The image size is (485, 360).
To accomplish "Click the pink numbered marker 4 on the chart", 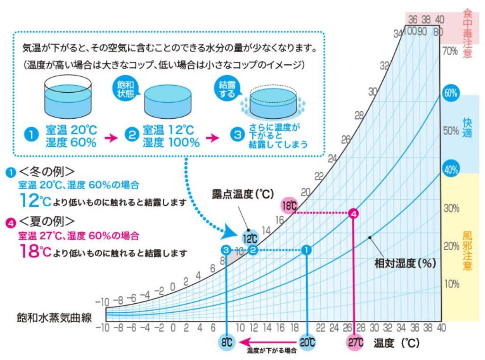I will [353, 213].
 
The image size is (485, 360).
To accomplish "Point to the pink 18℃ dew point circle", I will [289, 205].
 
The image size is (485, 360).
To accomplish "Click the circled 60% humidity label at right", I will [450, 93].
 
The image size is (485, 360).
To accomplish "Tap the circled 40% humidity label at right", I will [450, 169].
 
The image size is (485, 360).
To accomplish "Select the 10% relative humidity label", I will [450, 284].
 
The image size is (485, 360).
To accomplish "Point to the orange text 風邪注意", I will [467, 250].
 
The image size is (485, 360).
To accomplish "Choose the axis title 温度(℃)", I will [396, 342].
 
